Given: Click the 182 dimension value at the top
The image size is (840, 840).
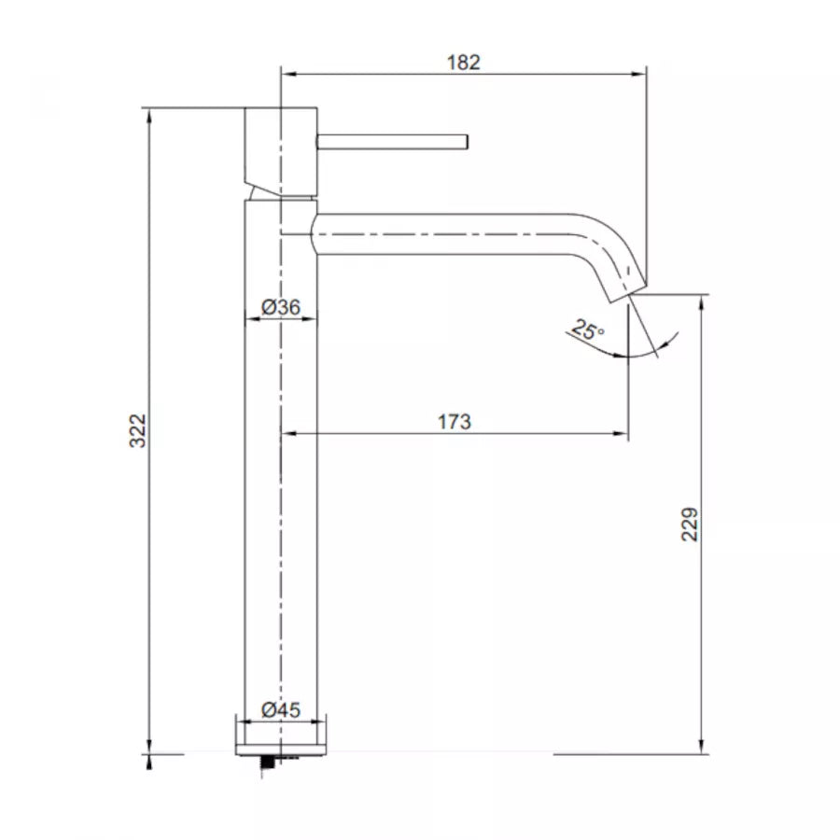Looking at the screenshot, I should coord(464,63).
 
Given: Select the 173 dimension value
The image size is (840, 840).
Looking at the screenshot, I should coord(455,422).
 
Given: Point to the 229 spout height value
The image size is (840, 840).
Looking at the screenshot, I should coord(690,525).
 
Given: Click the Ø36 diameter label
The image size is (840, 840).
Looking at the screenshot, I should coord(280,307).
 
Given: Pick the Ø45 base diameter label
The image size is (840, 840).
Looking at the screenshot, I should coord(280,709).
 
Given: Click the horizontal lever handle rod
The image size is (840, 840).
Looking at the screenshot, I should coord(392,141).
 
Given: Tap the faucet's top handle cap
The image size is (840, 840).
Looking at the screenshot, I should coord(280,140).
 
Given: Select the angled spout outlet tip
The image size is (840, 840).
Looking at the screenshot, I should coord(624,286).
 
